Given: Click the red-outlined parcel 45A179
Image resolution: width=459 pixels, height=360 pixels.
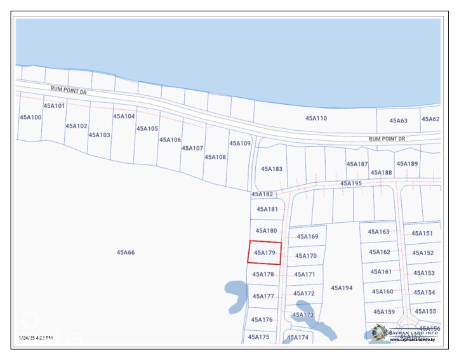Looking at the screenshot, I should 264,253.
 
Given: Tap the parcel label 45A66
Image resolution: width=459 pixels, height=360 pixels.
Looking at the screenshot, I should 126,253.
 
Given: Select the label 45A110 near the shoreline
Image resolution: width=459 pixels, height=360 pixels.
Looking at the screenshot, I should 316,118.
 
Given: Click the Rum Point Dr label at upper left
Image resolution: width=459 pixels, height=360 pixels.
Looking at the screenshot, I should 69,91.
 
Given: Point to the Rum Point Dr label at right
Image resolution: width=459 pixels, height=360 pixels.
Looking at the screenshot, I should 387,138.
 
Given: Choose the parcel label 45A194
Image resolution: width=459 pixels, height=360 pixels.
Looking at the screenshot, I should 342,288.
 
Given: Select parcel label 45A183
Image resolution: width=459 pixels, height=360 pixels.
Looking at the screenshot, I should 272,169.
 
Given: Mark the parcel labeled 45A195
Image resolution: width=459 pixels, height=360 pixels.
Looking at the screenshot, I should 350,183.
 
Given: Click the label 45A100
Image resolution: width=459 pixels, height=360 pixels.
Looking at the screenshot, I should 30,117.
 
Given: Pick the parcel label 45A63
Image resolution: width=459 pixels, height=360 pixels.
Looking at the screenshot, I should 398,120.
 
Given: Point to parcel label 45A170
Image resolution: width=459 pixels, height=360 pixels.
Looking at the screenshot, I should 306,256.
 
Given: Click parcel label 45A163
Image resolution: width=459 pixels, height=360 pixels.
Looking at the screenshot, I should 379,232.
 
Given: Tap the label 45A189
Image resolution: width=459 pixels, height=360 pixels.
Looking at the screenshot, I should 408,164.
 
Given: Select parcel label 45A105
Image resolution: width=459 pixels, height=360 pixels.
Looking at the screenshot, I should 147,128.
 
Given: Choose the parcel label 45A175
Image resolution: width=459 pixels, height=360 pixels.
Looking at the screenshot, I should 259,337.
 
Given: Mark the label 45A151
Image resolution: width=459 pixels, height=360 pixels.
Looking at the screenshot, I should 423,233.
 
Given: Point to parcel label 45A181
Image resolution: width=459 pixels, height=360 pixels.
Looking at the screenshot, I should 267,209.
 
